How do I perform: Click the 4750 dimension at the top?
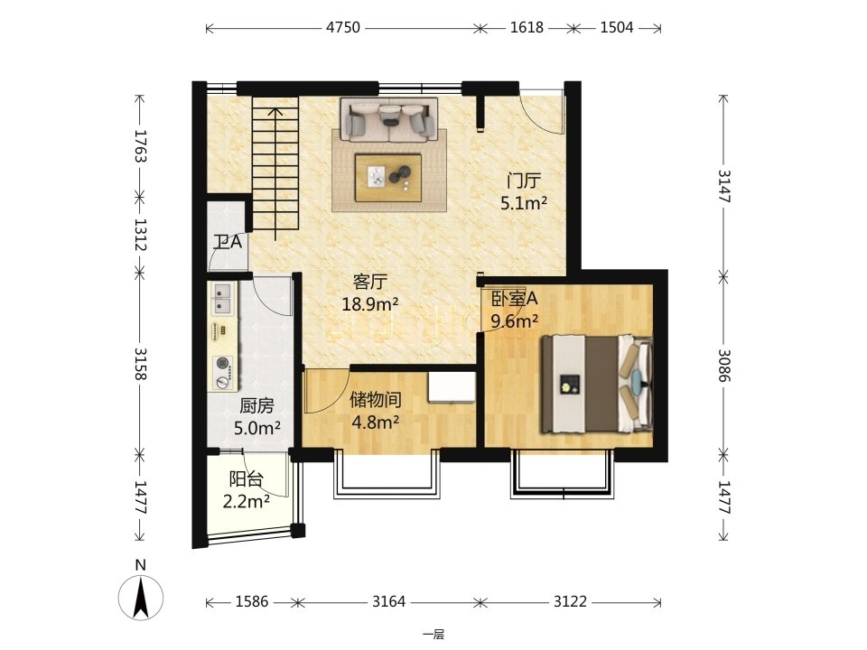[x=343, y=27]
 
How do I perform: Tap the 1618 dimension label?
[x=527, y=27]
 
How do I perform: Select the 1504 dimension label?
[x=617, y=27]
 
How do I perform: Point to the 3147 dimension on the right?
[x=723, y=186]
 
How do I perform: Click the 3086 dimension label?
[x=723, y=366]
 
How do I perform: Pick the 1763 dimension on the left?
[x=140, y=146]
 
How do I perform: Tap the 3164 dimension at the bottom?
[x=388, y=601]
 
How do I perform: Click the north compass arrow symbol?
[x=141, y=597]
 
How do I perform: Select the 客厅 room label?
[x=370, y=283]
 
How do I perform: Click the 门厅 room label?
[x=524, y=181]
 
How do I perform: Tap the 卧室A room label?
[x=514, y=299]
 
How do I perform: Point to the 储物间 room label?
[x=376, y=400]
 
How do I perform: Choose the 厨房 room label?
[x=256, y=406]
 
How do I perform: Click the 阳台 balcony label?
[x=246, y=478]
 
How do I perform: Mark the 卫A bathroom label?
[x=228, y=243]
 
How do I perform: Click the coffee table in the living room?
[x=388, y=178]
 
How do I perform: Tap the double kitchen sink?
[x=222, y=299]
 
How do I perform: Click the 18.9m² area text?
[x=370, y=304]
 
